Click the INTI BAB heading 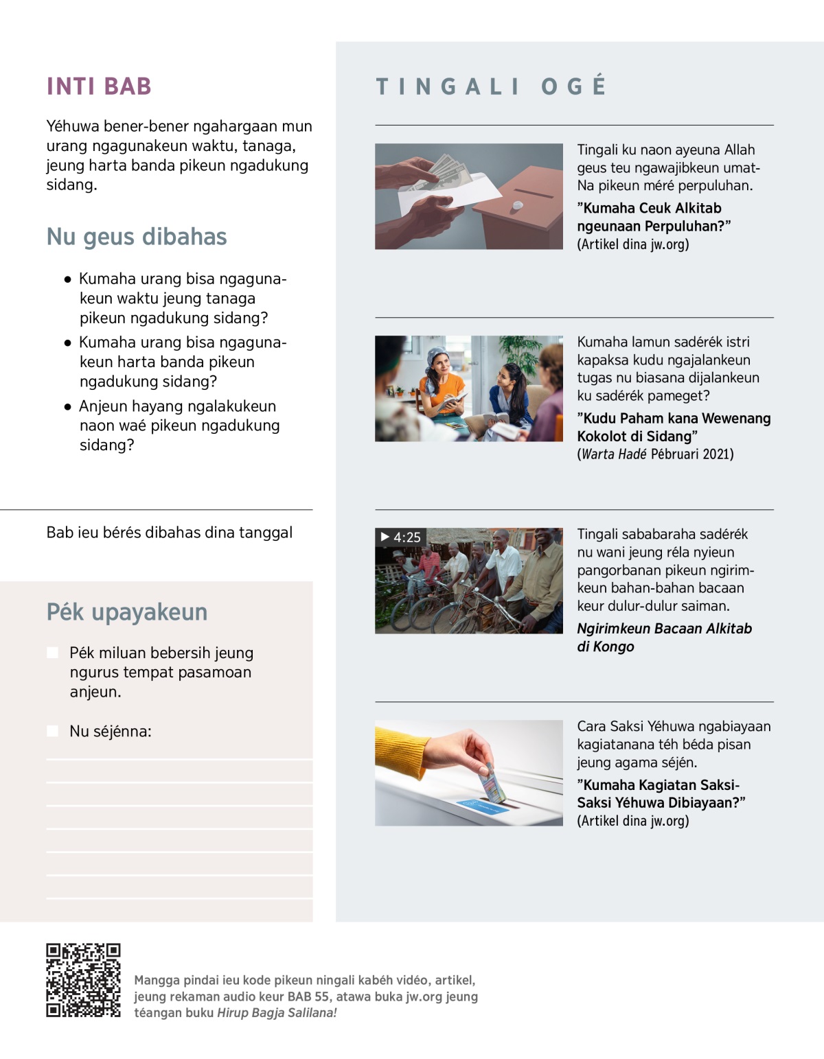point(99,86)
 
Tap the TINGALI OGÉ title point(491,86)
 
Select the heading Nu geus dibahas point(137,237)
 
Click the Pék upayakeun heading point(127,612)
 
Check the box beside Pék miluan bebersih point(53,653)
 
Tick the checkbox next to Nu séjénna point(53,731)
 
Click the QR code point(83,980)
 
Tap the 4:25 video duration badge point(400,537)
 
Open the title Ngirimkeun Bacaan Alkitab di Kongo point(664,638)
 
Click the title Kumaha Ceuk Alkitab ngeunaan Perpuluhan point(653,217)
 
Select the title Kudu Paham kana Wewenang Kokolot point(673,427)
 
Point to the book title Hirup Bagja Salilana point(277,1013)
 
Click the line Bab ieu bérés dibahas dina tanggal point(170,533)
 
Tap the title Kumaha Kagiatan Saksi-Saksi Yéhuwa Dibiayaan point(661,794)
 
